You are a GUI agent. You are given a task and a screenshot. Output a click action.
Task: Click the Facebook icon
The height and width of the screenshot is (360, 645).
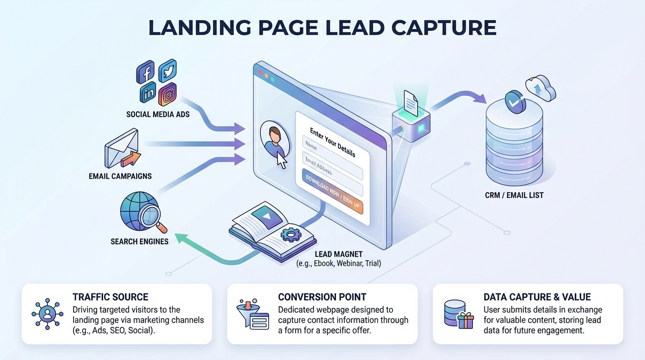coord(146,73)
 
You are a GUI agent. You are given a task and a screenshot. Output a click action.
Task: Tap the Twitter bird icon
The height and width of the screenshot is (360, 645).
coord(167,70)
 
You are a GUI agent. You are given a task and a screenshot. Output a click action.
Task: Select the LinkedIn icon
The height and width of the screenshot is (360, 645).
coord(148,93)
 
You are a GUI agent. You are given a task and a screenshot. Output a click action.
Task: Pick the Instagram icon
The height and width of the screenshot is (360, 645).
coord(168,94)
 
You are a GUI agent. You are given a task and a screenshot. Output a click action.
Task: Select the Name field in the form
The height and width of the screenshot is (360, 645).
coord(332,153)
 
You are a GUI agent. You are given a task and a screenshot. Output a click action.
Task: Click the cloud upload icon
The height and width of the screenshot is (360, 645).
coord(541,88)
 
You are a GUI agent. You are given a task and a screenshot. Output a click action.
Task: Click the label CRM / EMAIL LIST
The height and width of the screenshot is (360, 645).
coord(514,195)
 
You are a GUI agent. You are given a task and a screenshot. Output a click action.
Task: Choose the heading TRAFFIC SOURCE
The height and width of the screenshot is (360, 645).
coord(110,297)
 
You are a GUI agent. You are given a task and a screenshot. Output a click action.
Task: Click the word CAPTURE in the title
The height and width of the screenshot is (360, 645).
coord(443,28)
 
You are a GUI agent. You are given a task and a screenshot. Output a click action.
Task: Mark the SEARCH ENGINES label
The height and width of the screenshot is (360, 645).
coord(139,242)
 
